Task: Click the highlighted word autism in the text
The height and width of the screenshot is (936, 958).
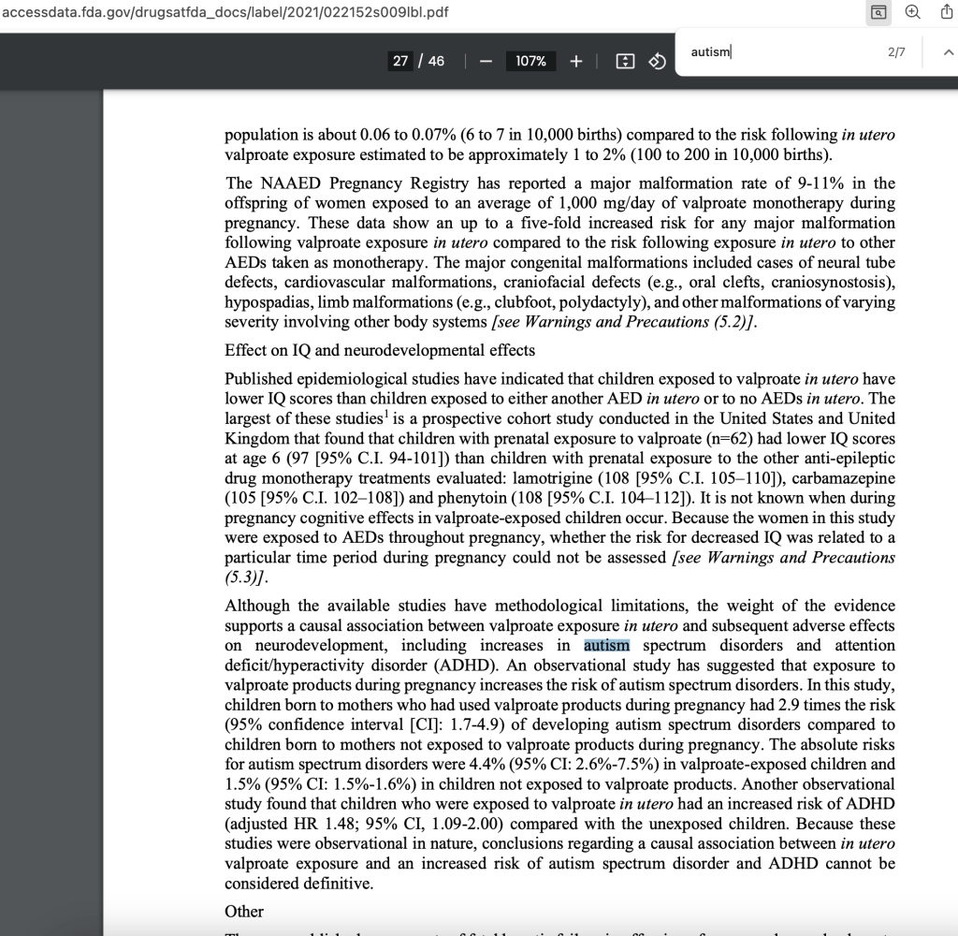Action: click(606, 646)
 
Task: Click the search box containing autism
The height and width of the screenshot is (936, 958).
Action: click(777, 52)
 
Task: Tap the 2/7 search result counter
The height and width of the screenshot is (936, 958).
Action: click(895, 52)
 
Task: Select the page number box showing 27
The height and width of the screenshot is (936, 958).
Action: click(400, 61)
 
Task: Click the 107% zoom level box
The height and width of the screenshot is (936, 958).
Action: click(530, 61)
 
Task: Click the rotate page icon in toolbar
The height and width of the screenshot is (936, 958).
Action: click(657, 61)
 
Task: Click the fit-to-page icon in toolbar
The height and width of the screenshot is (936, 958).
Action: click(625, 61)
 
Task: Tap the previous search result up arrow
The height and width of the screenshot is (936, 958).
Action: click(948, 53)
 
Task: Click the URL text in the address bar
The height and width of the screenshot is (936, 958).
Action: click(225, 12)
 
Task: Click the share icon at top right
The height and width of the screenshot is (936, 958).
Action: click(946, 12)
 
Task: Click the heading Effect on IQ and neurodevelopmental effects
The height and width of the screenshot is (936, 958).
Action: click(380, 350)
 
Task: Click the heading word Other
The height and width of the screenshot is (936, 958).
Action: click(244, 912)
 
